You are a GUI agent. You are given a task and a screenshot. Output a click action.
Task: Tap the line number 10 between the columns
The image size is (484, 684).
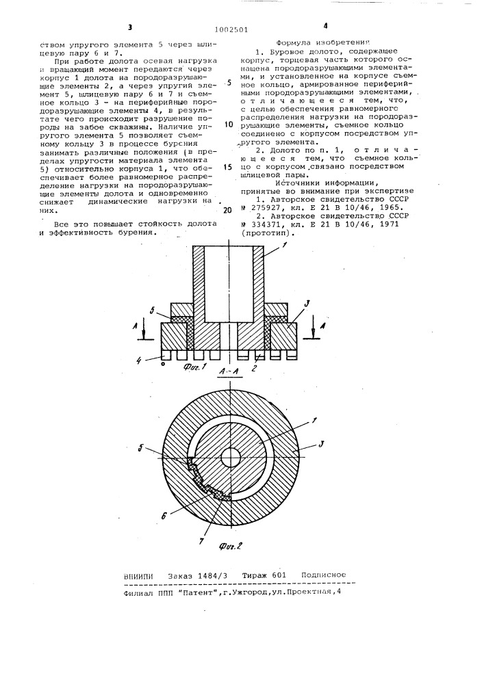pos(229,106)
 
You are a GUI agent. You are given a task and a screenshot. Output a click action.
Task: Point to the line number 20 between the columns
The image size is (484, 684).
pos(229,210)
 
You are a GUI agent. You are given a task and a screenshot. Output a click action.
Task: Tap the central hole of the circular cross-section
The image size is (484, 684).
pos(231,456)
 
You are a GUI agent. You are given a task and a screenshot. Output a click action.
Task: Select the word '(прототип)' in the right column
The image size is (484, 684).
pos(268,233)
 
